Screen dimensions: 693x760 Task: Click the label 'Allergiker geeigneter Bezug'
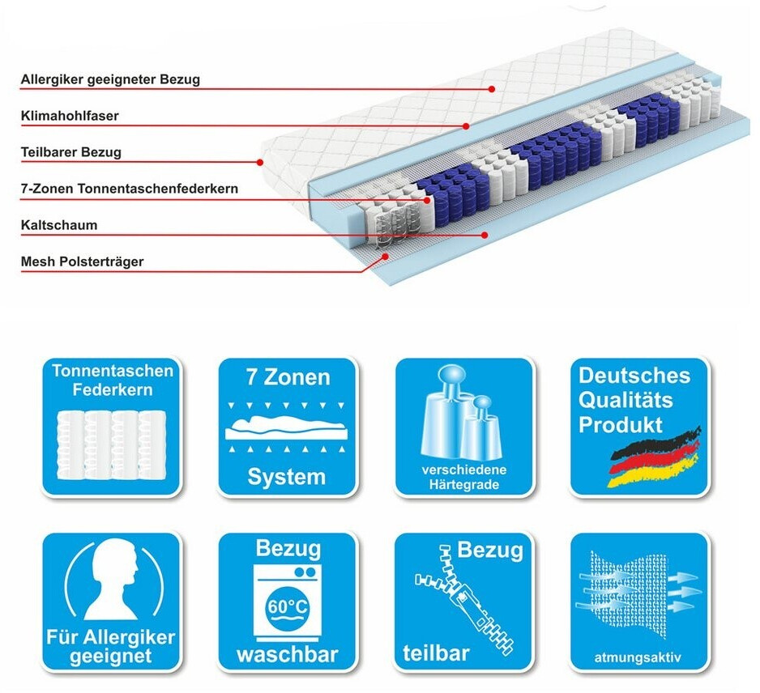pos(110,79)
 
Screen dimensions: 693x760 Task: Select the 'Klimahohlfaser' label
pos(70,116)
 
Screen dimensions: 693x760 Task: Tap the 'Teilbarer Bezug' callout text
pos(71,152)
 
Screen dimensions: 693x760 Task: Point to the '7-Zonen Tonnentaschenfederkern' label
pos(130,189)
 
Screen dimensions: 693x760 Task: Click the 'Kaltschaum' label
pos(58,225)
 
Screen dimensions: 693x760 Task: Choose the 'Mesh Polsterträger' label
pos(83,261)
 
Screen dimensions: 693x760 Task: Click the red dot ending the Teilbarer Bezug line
pos(260,162)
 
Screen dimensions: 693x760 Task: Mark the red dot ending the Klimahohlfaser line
pos(467,125)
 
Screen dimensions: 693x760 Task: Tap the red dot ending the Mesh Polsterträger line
pos(386,256)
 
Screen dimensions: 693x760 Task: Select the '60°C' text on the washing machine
pos(285,607)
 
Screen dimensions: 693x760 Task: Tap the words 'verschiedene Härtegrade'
pos(464,478)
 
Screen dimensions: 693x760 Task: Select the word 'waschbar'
pos(287,653)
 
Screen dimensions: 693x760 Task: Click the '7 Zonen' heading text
pos(288,377)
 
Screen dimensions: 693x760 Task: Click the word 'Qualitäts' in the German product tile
pos(626,399)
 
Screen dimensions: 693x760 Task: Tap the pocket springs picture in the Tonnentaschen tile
pos(109,445)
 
